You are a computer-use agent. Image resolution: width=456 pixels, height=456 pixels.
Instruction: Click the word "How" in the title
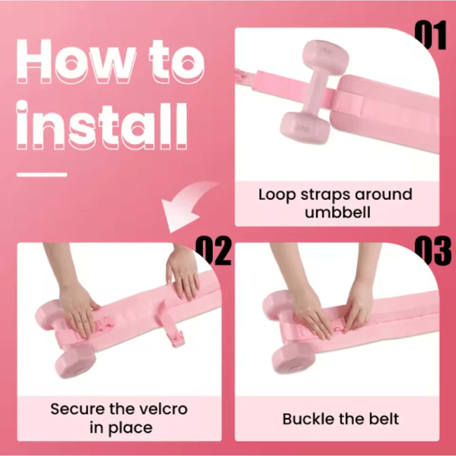76,62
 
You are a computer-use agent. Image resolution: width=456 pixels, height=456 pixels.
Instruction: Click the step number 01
430,36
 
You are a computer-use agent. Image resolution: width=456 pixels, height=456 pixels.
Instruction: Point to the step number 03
433,251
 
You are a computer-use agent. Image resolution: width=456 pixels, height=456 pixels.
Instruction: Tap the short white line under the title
42,175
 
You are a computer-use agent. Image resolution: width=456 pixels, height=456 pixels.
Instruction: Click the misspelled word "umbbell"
337,212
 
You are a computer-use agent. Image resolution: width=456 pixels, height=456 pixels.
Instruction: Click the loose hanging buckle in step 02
177,339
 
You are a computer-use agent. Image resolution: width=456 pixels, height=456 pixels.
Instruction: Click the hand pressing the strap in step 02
78,311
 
